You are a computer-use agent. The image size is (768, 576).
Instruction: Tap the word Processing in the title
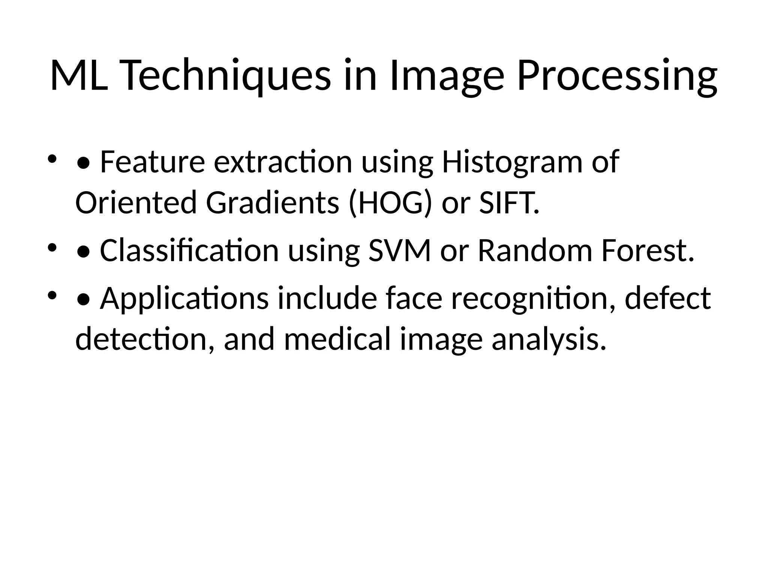(617, 76)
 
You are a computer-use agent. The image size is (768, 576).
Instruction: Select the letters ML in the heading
(79, 76)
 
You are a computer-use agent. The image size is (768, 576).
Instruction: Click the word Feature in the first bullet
(152, 162)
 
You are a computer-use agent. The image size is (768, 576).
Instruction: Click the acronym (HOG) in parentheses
(390, 203)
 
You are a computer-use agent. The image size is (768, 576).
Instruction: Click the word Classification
(189, 250)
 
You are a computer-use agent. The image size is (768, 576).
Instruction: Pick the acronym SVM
(400, 250)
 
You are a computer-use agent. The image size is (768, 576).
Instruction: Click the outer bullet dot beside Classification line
(52, 248)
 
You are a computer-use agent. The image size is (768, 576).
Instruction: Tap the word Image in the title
(447, 76)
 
